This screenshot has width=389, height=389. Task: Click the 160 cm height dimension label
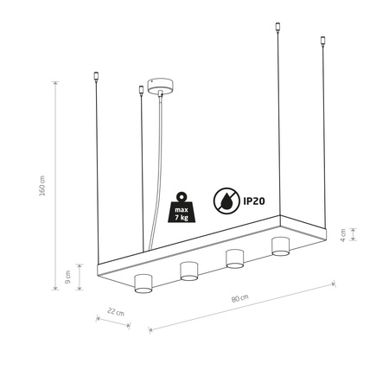point(41,189)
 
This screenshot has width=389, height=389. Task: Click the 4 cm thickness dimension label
point(343,233)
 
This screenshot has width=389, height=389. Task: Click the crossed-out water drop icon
point(227,200)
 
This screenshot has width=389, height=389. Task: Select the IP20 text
point(258,200)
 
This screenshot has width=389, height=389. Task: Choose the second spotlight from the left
point(189,271)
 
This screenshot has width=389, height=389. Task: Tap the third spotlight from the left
point(234,258)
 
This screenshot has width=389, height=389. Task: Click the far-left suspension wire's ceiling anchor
point(97,77)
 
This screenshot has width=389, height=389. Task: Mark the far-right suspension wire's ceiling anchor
point(323,40)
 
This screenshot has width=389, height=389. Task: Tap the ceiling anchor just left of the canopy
point(141,87)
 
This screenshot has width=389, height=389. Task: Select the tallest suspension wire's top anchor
point(278,27)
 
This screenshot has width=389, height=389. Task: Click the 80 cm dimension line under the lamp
point(242,306)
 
